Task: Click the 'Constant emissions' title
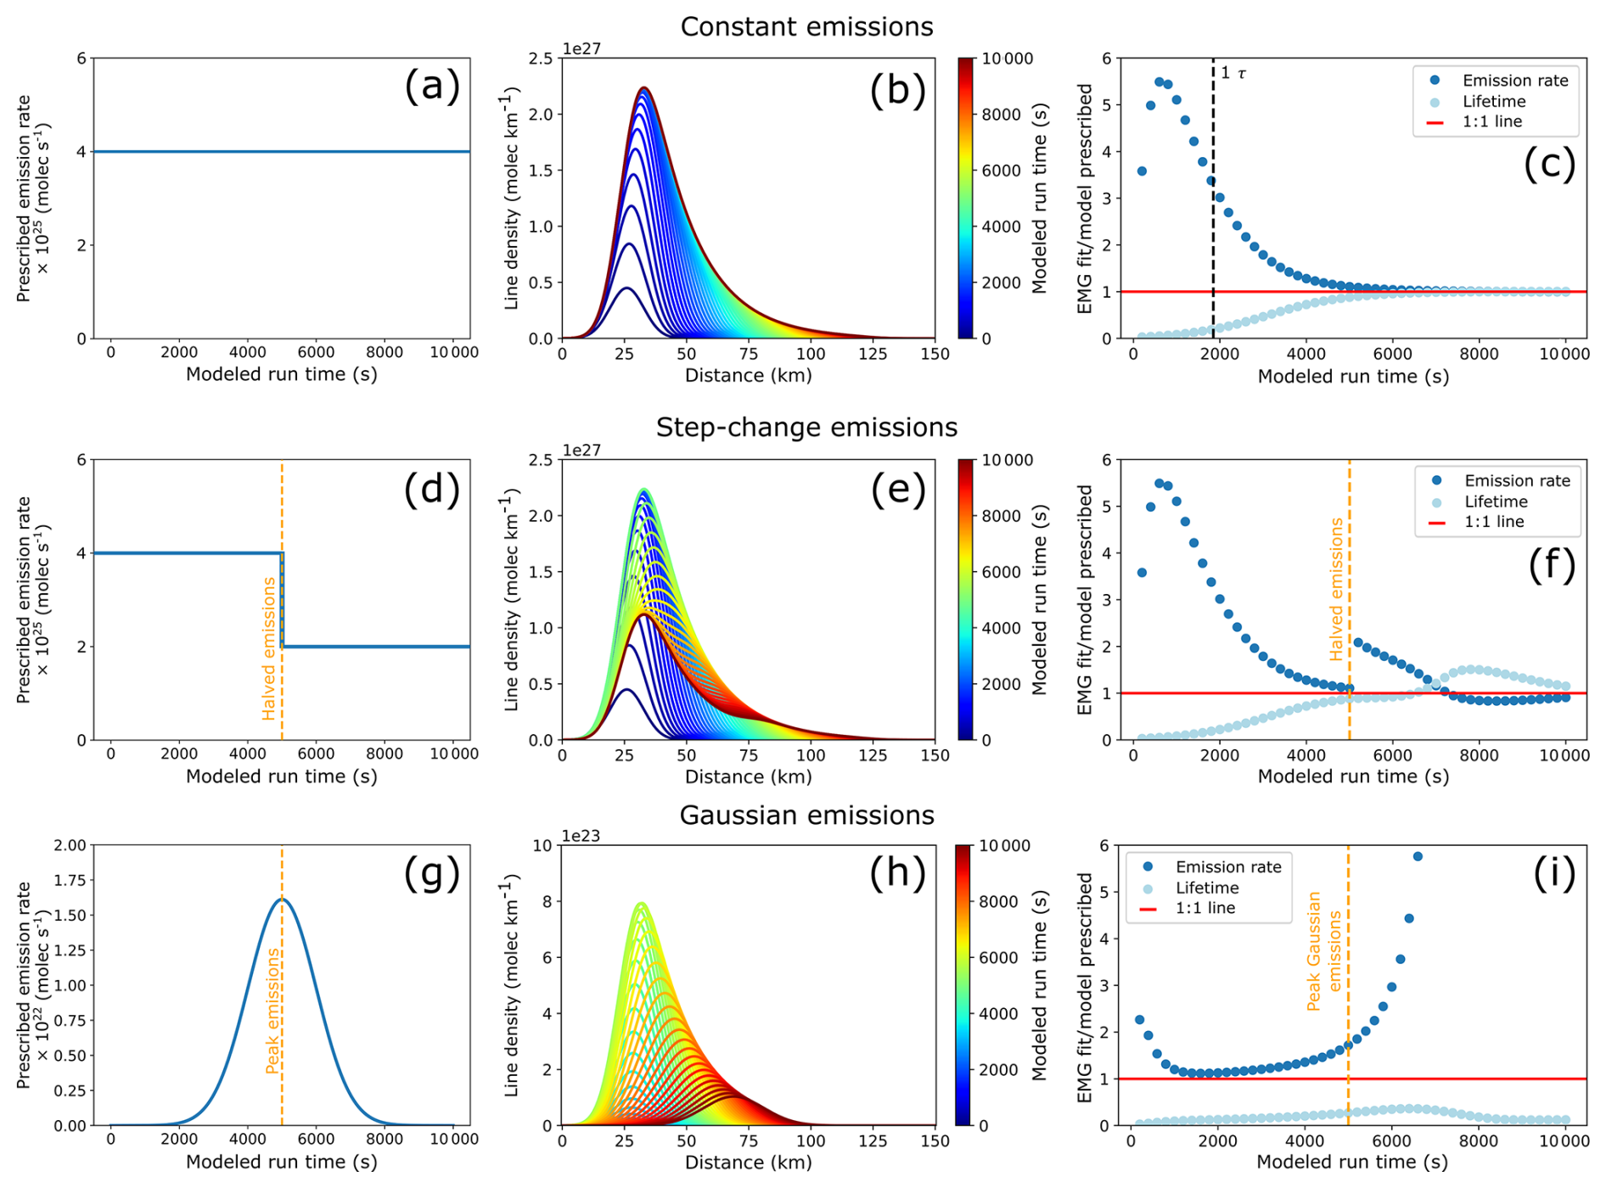tap(806, 27)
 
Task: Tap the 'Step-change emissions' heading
tap(806, 427)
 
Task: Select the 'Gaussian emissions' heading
tap(806, 815)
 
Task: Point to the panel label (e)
tap(897, 490)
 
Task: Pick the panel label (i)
tap(1553, 873)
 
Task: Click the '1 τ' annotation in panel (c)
tap(1233, 74)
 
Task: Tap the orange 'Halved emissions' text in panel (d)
tap(270, 648)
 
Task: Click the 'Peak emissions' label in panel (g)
tap(272, 1011)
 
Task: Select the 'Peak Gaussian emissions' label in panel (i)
tap(1323, 950)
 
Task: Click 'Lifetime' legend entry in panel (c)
tap(1493, 102)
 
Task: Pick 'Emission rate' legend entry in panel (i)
tap(1227, 867)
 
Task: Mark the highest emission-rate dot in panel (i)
tap(1418, 857)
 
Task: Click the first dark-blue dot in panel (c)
tap(1142, 171)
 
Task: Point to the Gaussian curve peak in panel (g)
tap(282, 899)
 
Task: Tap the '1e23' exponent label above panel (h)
tap(581, 837)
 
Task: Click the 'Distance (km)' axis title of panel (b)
tap(748, 375)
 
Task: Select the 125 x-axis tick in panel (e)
tap(873, 754)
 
